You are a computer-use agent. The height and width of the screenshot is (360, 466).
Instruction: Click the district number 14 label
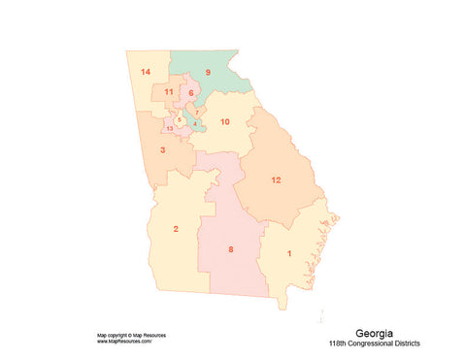click(x=145, y=73)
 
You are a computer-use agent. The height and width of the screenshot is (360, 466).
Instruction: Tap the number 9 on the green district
click(x=207, y=73)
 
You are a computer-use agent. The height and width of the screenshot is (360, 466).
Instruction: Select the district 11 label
click(x=169, y=92)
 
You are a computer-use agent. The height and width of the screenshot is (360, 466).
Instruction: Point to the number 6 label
click(x=191, y=93)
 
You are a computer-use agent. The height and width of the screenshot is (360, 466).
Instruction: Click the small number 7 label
click(x=197, y=113)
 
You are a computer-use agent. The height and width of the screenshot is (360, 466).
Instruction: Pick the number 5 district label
click(x=180, y=119)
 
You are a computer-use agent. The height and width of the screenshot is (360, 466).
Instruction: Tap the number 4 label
click(x=195, y=124)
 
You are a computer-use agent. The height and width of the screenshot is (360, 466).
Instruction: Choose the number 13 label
click(x=170, y=128)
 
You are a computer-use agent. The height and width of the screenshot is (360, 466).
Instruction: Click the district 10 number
click(x=224, y=122)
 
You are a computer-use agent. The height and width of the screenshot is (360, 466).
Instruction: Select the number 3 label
click(x=162, y=150)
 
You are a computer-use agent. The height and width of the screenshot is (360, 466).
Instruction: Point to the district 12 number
click(x=276, y=180)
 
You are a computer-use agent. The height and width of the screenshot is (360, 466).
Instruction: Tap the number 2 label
click(x=176, y=229)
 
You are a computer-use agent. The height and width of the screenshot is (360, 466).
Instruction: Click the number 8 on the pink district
click(x=230, y=250)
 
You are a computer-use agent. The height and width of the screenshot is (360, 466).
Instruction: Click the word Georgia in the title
click(x=374, y=333)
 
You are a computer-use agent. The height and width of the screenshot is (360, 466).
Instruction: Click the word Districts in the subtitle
click(x=414, y=344)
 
